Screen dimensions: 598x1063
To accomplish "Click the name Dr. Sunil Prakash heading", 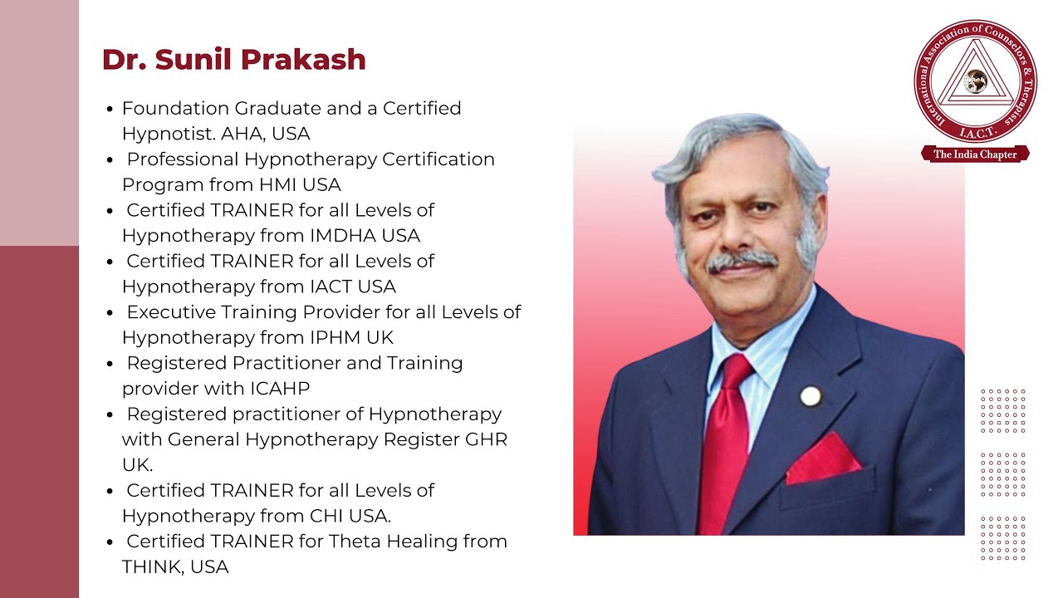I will coord(233,60).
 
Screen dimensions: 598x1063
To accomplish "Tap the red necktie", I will coord(725,440).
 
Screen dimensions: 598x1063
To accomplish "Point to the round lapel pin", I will coord(810,396).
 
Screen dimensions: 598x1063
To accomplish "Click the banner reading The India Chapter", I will coord(975,154).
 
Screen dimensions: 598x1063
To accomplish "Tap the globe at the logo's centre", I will coord(976,81).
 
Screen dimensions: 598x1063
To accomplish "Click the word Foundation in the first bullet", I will coord(175,108).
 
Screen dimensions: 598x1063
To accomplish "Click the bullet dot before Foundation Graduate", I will coord(110,109).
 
